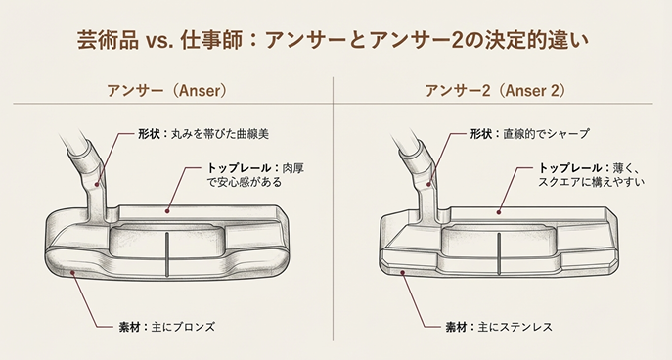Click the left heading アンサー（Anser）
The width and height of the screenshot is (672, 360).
tap(167, 91)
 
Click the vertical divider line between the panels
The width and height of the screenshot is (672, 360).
tap(335, 215)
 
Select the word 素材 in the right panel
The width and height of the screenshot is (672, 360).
tap(458, 325)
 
